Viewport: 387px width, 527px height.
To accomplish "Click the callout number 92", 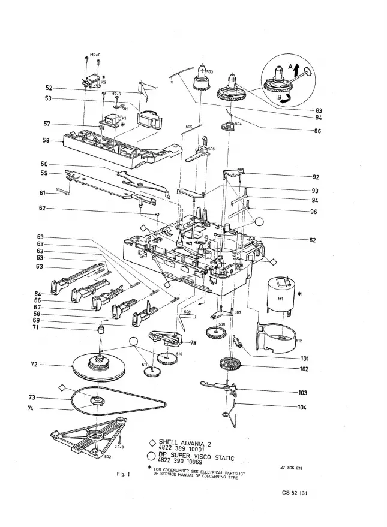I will coord(316,177).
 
